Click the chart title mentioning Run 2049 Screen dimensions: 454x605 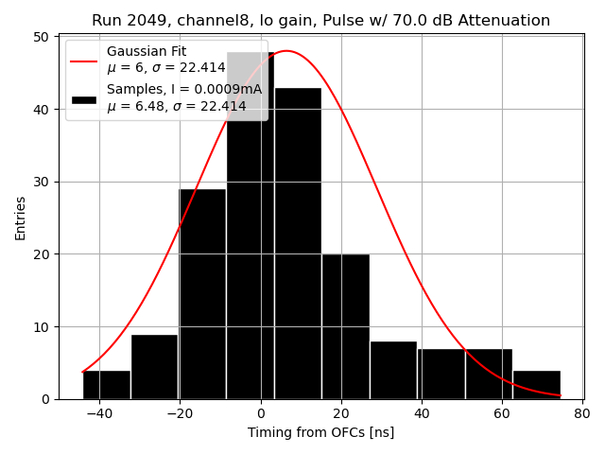[320, 21]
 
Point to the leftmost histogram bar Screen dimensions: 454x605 [107, 385]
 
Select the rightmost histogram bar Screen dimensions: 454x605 [536, 385]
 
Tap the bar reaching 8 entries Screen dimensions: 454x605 [393, 370]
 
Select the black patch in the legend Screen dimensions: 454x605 [84, 98]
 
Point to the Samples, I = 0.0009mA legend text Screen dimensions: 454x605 [184, 89]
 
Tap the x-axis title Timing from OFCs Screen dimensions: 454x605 [320, 432]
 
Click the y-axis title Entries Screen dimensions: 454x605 [21, 218]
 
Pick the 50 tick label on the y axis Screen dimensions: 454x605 [42, 37]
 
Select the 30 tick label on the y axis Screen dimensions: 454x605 [42, 182]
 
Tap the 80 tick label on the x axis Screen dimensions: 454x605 [581, 412]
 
